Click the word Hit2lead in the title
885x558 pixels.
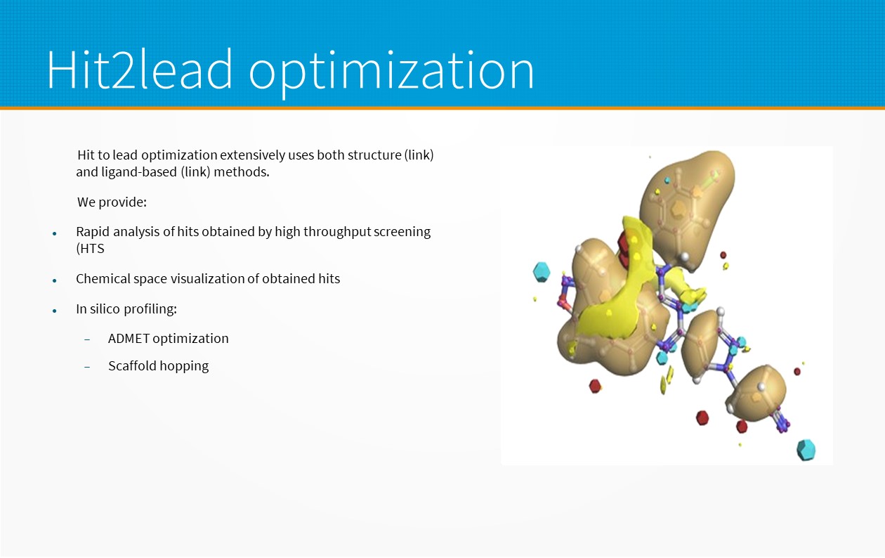pos(140,69)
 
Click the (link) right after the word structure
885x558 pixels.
pos(419,155)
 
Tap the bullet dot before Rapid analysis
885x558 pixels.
pos(55,233)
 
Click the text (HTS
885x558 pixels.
pos(90,249)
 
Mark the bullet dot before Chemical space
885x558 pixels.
pos(55,280)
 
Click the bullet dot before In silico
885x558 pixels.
pos(55,311)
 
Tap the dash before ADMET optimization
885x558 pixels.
pos(87,339)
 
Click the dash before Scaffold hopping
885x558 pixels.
pos(87,367)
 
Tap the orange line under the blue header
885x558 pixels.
pos(442,108)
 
